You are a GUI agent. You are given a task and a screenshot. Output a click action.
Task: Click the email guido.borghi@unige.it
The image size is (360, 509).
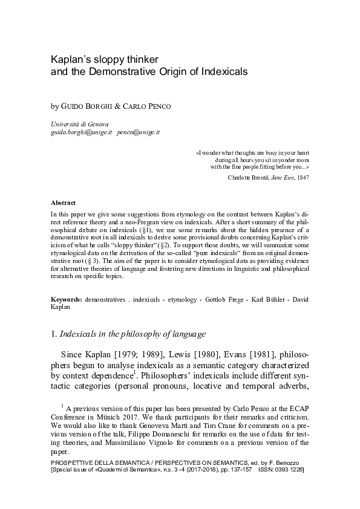(x=82, y=131)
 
